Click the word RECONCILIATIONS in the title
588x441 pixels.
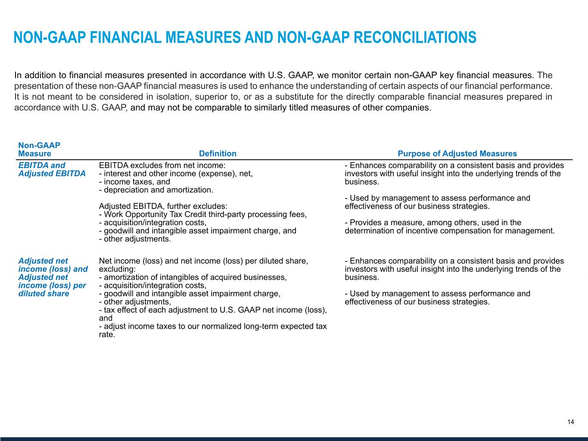click(414, 37)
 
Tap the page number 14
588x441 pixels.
click(570, 422)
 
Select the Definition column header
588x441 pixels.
click(218, 154)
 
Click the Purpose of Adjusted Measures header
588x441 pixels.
click(457, 154)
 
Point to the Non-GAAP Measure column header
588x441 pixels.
click(39, 150)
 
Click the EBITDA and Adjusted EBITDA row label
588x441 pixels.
click(52, 169)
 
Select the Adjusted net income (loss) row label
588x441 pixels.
click(53, 277)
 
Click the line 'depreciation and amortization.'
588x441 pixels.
click(156, 190)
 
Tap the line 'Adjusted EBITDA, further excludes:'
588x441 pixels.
click(163, 206)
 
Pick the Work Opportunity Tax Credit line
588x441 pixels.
click(203, 214)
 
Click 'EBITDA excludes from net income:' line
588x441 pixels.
click(162, 165)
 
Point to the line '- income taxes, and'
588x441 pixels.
click(134, 182)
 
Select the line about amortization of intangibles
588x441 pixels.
click(193, 277)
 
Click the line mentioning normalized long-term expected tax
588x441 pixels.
click(213, 326)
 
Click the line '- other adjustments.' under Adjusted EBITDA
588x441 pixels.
click(135, 239)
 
